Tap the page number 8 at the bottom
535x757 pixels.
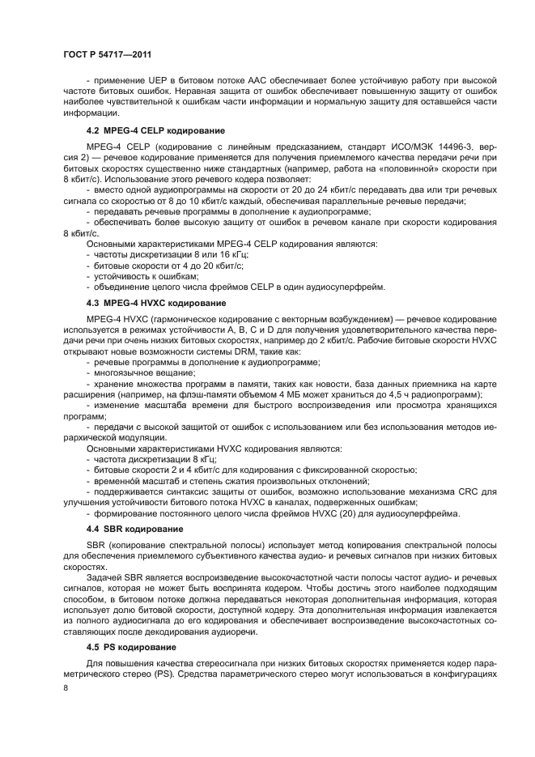pyautogui.click(x=66, y=687)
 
